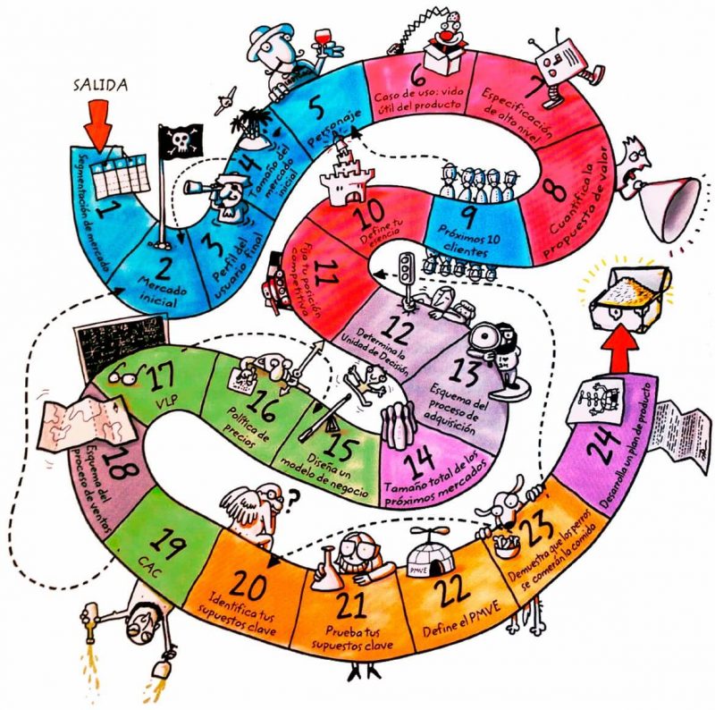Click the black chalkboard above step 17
111,343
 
